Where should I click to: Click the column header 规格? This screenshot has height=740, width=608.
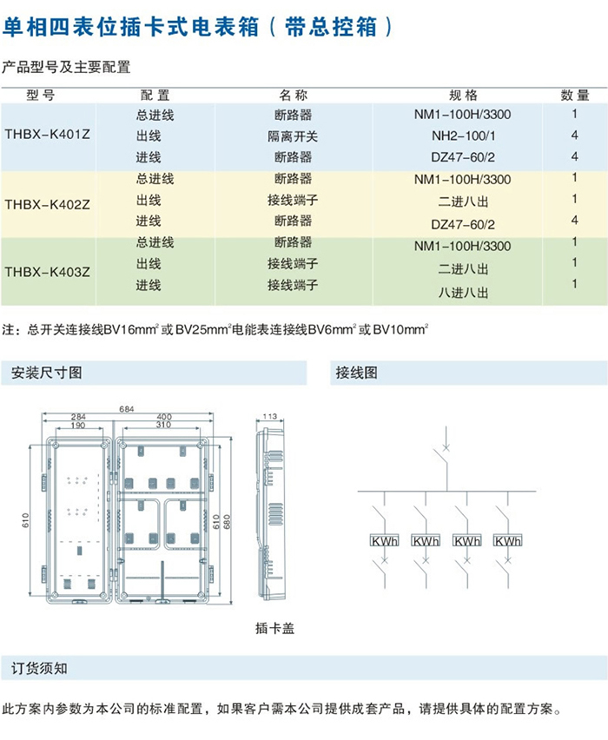pos(463,96)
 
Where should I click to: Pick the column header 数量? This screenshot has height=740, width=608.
pos(575,96)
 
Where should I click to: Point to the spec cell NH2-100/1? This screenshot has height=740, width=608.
pos(462,136)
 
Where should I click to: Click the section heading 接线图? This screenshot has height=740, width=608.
pos(356,373)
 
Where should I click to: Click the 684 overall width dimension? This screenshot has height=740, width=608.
pos(127,409)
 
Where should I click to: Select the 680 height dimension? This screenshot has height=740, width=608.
pos(228,520)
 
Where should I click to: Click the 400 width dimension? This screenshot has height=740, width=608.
pos(164,418)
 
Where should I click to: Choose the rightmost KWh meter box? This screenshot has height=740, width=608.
pos(507,541)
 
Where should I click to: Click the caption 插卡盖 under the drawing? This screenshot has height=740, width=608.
pos(274,628)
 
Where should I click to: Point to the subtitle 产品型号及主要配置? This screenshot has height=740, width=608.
pos(66,67)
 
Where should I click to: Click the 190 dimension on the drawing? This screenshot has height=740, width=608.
pos(78,426)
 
